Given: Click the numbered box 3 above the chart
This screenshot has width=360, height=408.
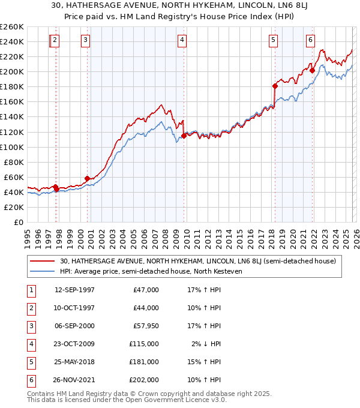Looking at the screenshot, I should pyautogui.click(x=86, y=40).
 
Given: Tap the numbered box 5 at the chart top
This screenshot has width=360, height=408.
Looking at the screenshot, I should pyautogui.click(x=273, y=40).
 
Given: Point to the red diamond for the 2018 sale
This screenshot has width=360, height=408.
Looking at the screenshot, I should pyautogui.click(x=275, y=86).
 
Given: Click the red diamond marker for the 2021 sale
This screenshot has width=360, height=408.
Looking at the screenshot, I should pyautogui.click(x=313, y=70).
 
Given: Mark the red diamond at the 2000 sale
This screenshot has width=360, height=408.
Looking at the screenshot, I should pyautogui.click(x=87, y=178).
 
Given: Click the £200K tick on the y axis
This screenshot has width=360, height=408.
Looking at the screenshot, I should pyautogui.click(x=12, y=71).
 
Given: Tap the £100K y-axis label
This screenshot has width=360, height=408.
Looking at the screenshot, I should pyautogui.click(x=12, y=147).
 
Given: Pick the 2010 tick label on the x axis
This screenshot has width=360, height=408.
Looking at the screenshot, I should pyautogui.click(x=186, y=235).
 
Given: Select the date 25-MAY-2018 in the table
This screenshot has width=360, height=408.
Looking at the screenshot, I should pyautogui.click(x=74, y=362).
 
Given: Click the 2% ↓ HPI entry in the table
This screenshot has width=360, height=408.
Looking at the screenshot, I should pyautogui.click(x=207, y=344).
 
